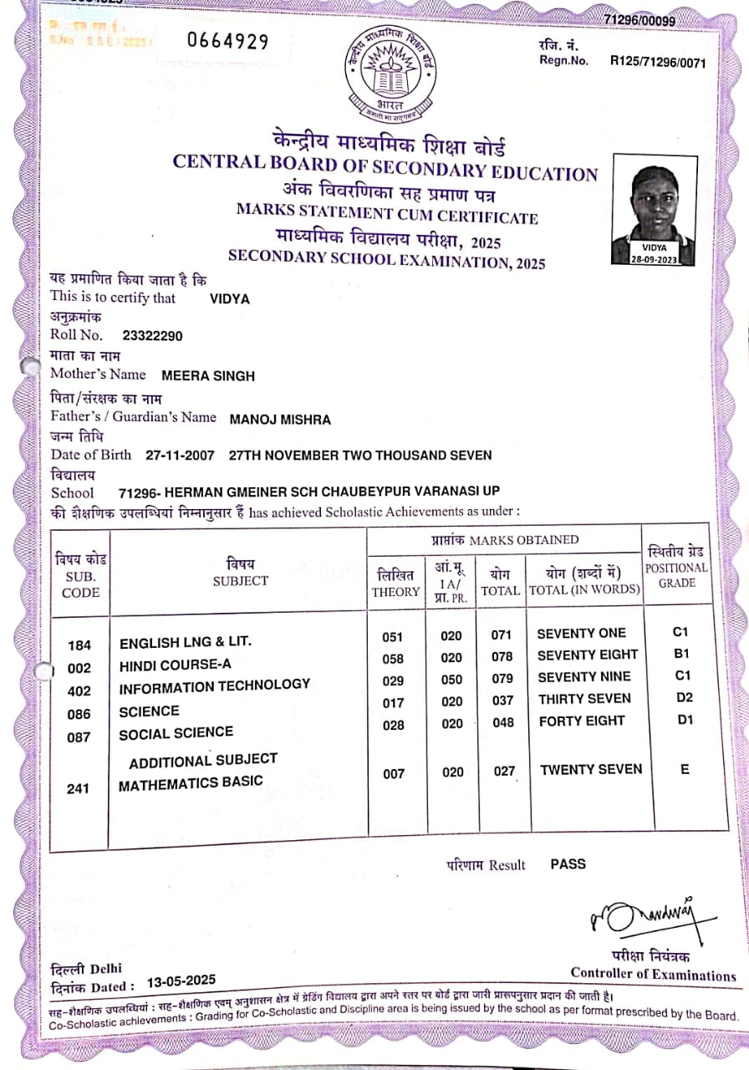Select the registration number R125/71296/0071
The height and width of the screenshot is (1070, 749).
652,61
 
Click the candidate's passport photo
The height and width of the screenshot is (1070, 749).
653,209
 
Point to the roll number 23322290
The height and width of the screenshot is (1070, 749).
152,336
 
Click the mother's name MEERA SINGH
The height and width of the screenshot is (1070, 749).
207,376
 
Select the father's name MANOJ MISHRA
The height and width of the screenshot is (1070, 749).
279,419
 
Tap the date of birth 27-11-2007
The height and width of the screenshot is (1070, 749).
180,456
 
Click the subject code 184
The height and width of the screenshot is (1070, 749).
79,645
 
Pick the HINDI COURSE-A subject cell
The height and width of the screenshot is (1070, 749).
175,665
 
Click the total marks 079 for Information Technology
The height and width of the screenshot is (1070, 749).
502,679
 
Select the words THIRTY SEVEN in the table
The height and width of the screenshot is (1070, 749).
584,699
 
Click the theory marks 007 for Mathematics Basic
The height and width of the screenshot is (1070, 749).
394,774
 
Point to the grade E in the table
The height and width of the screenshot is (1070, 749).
685,769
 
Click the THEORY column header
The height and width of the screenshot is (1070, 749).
395,583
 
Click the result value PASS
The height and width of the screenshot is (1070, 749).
568,864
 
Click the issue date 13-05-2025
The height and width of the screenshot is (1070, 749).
181,981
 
